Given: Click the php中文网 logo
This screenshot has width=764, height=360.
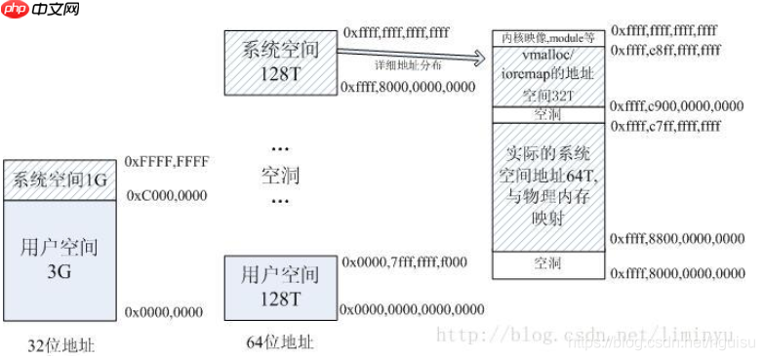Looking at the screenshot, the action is point(41,13).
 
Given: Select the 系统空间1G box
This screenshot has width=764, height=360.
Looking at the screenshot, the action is point(62,180).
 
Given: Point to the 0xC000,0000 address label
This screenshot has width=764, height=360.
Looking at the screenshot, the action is point(166,196).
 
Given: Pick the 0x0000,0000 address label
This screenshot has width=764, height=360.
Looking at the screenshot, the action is point(164,312).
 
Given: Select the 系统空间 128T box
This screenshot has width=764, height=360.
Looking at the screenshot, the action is point(280,60).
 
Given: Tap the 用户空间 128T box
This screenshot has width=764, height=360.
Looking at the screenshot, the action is point(280,287).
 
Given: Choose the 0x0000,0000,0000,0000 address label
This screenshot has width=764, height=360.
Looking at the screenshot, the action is point(412,309).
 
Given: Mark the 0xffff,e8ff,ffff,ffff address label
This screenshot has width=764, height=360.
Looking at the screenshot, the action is point(666,50).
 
